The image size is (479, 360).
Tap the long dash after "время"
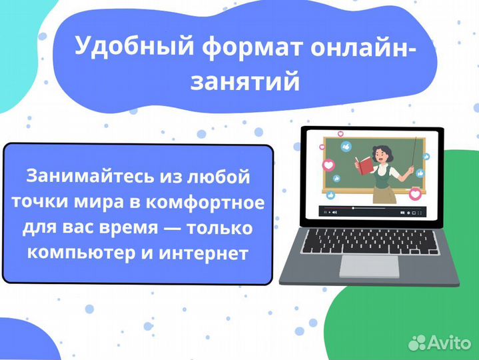[172, 229]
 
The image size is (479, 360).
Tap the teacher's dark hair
[383, 149]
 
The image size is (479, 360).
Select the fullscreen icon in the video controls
[420, 211]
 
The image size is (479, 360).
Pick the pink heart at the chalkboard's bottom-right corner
[416, 194]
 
